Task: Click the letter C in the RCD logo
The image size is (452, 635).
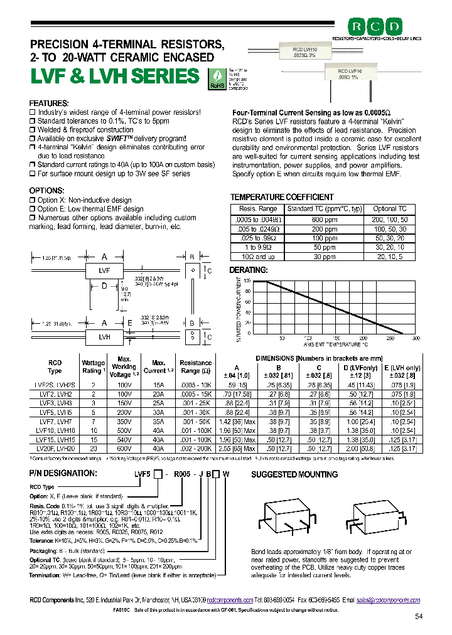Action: pyautogui.click(x=379, y=26)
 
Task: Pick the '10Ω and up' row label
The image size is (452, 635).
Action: pyautogui.click(x=258, y=257)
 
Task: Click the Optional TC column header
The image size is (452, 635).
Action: pyautogui.click(x=390, y=208)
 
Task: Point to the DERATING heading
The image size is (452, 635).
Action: pyautogui.click(x=249, y=270)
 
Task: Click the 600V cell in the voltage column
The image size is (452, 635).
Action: pyautogui.click(x=124, y=449)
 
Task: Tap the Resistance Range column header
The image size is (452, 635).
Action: pyautogui.click(x=195, y=367)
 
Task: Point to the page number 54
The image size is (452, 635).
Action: pyautogui.click(x=419, y=617)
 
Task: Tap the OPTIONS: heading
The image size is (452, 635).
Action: pyautogui.click(x=47, y=190)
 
